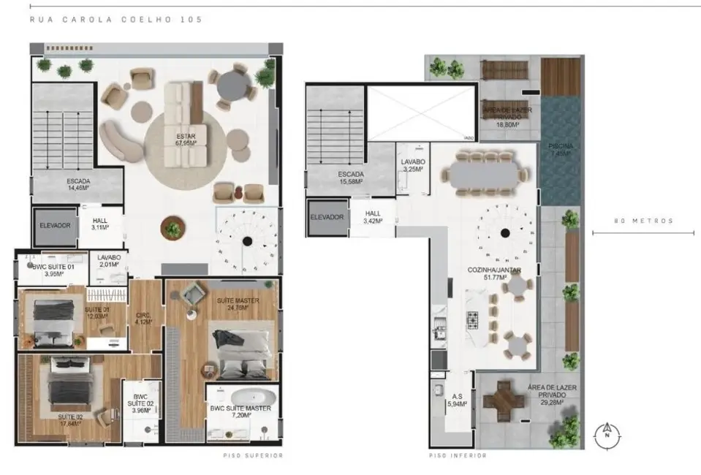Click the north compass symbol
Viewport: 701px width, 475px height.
pyautogui.click(x=606, y=434)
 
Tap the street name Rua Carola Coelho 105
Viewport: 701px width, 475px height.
pyautogui.click(x=116, y=20)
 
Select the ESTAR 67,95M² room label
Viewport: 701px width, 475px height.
pyautogui.click(x=185, y=140)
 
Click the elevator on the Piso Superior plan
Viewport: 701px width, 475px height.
pyautogui.click(x=55, y=225)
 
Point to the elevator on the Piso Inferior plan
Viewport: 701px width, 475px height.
pyautogui.click(x=327, y=217)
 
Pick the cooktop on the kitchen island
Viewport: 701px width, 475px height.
pyautogui.click(x=473, y=319)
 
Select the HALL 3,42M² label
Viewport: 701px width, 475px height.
pyautogui.click(x=373, y=217)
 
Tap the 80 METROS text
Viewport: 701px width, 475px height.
pyautogui.click(x=643, y=221)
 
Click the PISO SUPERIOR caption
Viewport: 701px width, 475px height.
pyautogui.click(x=253, y=456)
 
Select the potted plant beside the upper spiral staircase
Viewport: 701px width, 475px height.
pyautogui.click(x=173, y=229)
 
